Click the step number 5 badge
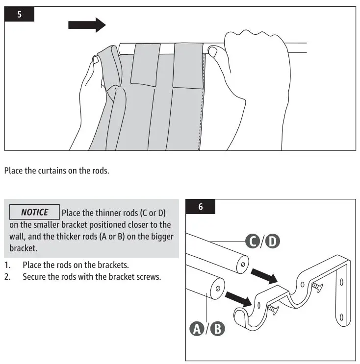click(x=20, y=14)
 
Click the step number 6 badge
click(x=200, y=206)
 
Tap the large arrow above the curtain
click(x=87, y=24)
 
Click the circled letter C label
click(x=252, y=241)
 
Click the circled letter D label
click(x=272, y=241)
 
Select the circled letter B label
click(x=217, y=329)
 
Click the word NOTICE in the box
click(x=34, y=212)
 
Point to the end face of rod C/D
click(x=241, y=264)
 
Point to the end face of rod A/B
click(x=216, y=288)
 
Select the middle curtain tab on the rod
click(x=145, y=64)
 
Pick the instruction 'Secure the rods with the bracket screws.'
click(x=91, y=276)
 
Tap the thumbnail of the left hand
click(x=97, y=59)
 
